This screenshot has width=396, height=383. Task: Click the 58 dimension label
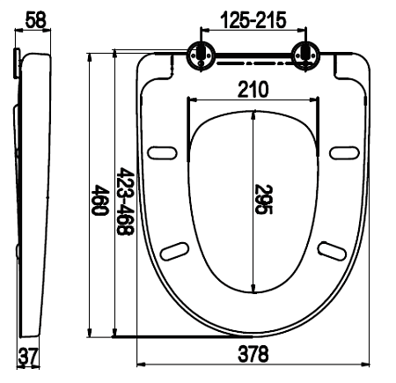(x=36, y=20)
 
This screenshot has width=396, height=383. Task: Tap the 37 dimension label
(x=28, y=356)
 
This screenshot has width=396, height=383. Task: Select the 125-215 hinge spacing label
(x=253, y=20)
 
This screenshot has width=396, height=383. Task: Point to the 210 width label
(x=253, y=89)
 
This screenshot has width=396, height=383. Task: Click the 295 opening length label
(x=263, y=199)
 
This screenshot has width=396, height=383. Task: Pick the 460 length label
(x=99, y=200)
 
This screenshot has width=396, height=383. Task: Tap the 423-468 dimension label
(x=125, y=202)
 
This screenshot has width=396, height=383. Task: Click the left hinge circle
(x=201, y=55)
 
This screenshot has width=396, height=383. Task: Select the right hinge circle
(x=306, y=55)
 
